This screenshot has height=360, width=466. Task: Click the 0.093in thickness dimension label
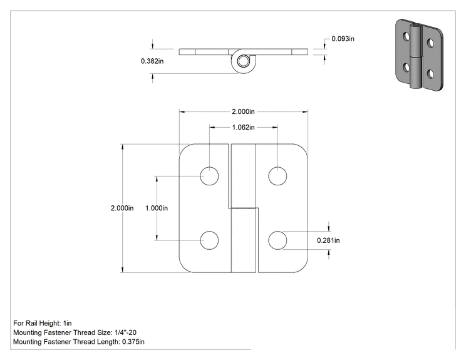point(343,39)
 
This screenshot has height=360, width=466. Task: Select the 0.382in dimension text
point(152,61)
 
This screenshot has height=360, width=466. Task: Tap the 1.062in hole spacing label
point(243,128)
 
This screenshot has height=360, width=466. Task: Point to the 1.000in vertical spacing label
point(157,208)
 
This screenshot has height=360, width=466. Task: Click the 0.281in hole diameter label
point(328,240)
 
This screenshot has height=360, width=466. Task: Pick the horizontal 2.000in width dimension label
point(243,111)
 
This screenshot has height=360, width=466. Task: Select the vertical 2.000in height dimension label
point(122,208)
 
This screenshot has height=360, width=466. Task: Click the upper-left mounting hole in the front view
point(209,176)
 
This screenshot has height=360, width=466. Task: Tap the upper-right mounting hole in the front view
point(277,176)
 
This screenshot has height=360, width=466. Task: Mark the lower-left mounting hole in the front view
point(209,240)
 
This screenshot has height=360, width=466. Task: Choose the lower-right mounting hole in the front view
point(277,240)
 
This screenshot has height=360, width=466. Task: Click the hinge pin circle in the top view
point(243,61)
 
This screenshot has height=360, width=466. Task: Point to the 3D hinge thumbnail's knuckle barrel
point(416,56)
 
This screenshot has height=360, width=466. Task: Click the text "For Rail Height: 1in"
point(43,323)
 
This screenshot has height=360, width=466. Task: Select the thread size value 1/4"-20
point(125,332)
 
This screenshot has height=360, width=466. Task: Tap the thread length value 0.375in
point(133,342)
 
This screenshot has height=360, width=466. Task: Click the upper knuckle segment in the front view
point(244,176)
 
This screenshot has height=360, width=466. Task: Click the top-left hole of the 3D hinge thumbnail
point(406,36)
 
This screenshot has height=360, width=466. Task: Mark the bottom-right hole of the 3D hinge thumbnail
point(430,74)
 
